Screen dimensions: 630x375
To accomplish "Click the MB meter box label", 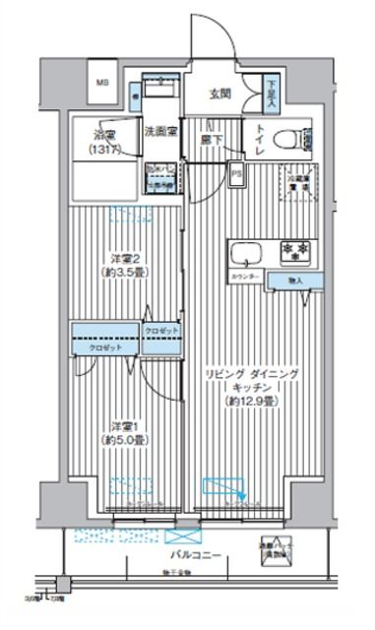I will click(x=102, y=84).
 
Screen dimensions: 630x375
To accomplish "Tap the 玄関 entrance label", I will click(x=219, y=94).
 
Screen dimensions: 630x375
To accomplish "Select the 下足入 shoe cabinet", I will click(x=271, y=94).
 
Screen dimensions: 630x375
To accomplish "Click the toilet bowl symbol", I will click(x=290, y=139).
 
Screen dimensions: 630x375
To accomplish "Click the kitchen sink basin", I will click(x=243, y=255).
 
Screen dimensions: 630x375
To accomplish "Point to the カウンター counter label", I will click(x=247, y=278).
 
